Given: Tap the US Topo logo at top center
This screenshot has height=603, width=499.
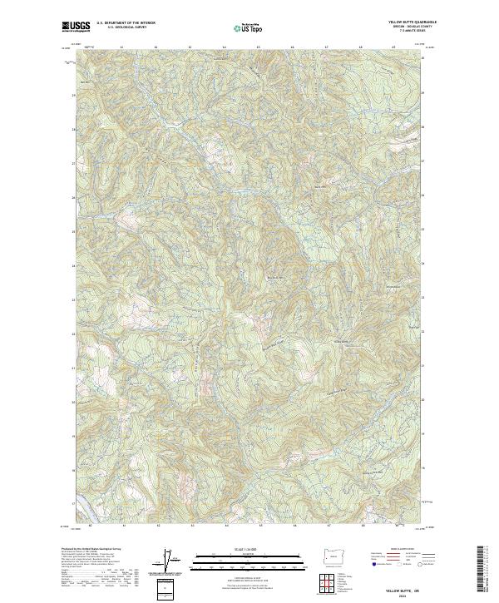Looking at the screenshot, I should tap(249, 28).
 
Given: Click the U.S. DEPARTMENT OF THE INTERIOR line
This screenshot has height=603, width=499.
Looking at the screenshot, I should tap(126, 23).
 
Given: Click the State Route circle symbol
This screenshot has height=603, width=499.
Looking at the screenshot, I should tap(422, 565).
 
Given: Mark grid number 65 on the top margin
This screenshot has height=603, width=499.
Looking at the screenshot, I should tap(258, 48).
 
